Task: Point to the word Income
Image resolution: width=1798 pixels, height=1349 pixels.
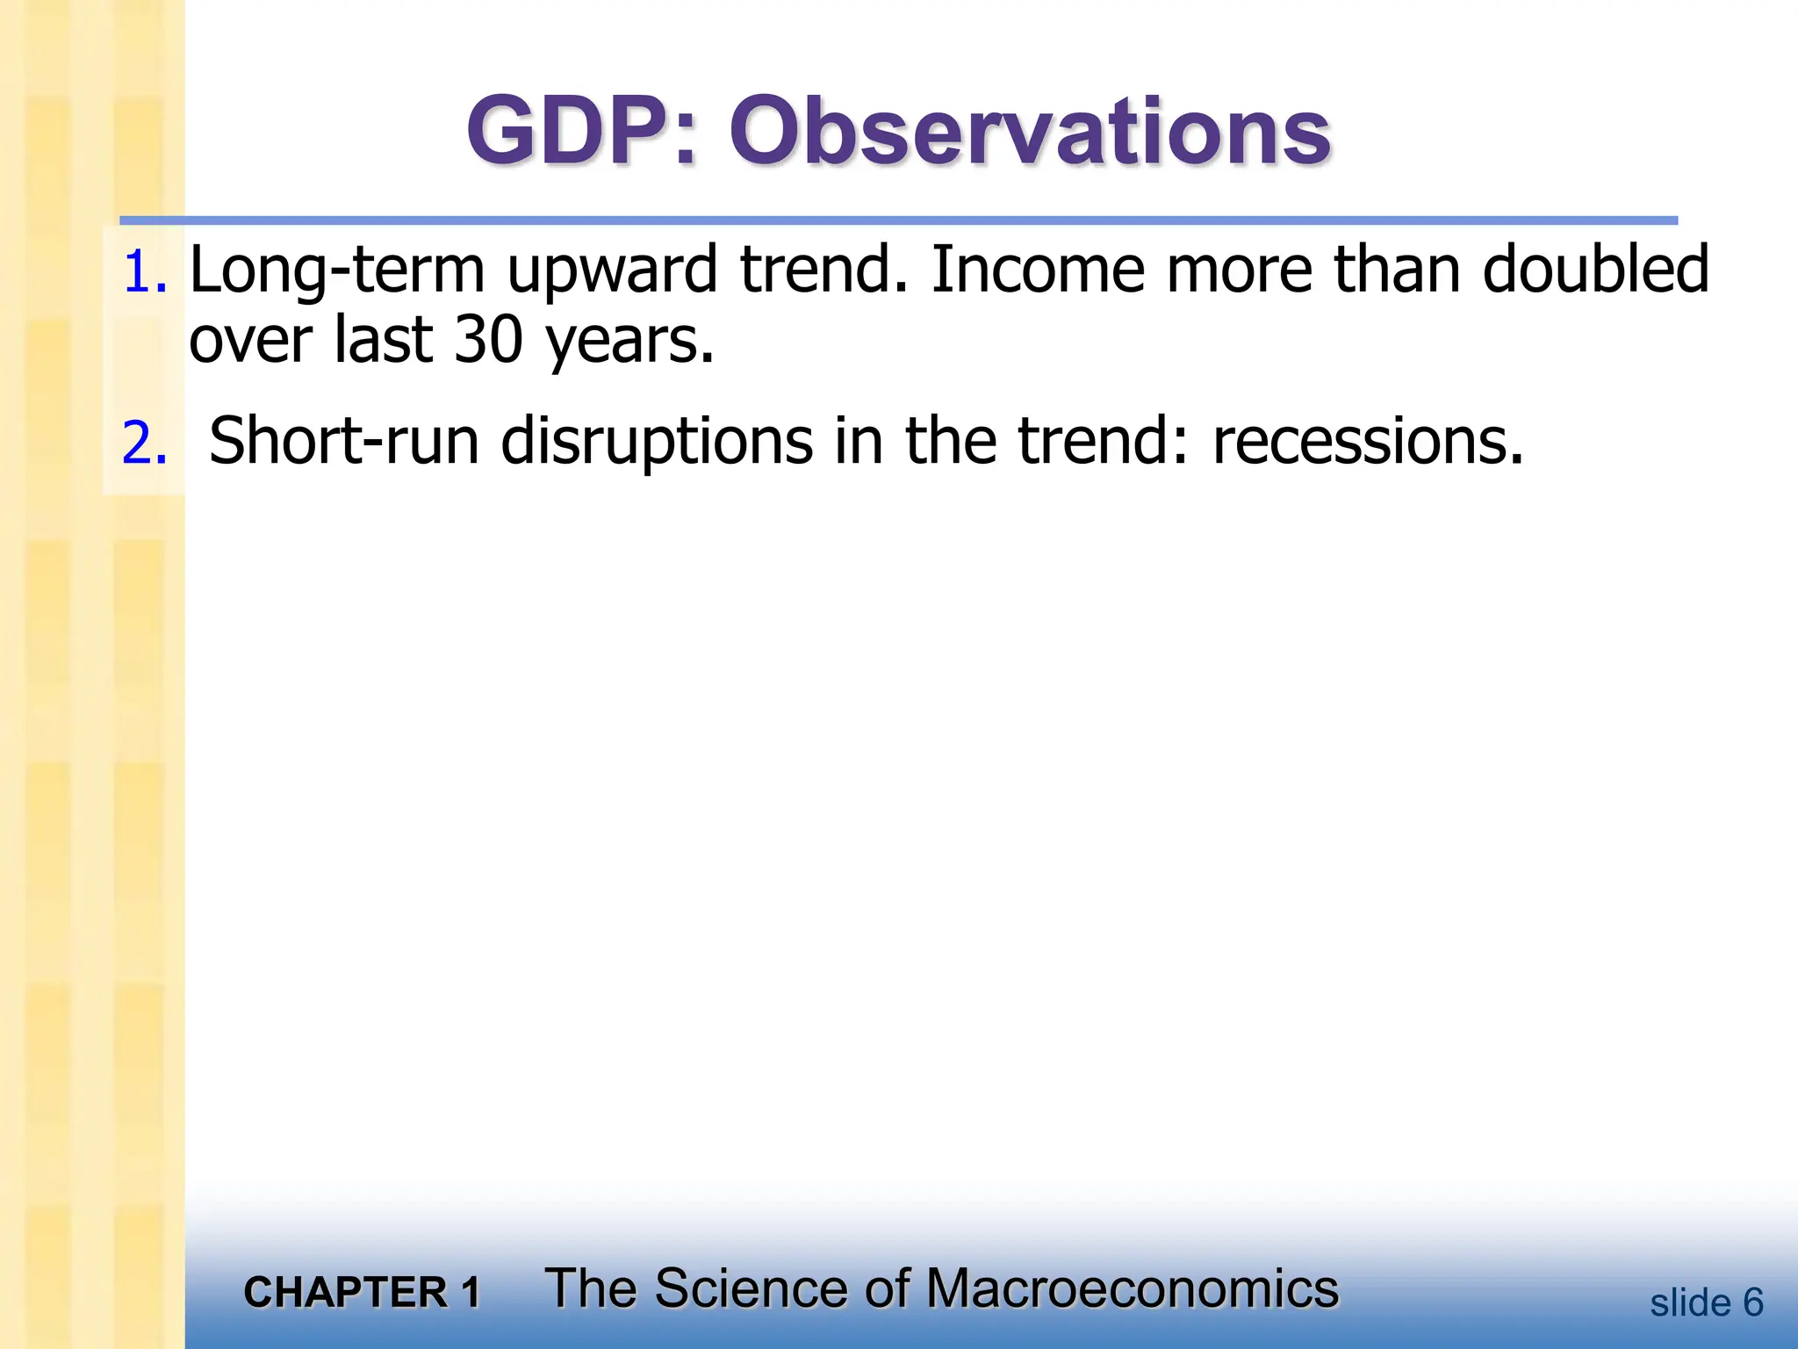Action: click(1038, 269)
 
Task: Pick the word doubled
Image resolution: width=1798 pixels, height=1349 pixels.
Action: click(1595, 269)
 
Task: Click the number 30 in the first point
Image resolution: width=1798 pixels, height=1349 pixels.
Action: click(488, 341)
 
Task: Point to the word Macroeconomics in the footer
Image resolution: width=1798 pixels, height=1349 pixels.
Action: click(1132, 1289)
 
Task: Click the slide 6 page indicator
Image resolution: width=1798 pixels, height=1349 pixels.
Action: click(1706, 1302)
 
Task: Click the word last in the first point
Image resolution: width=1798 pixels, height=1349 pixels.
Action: click(383, 341)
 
